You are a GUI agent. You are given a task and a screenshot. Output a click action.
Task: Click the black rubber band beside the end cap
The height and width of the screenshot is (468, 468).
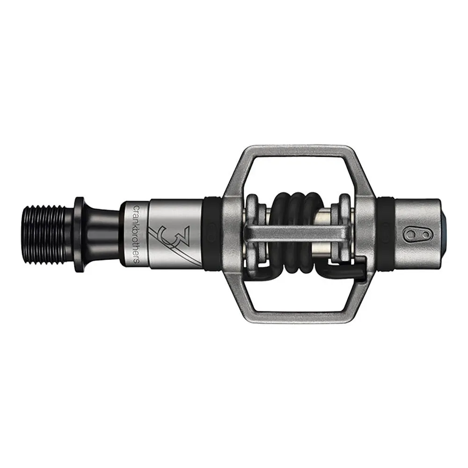pos(386,232)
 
